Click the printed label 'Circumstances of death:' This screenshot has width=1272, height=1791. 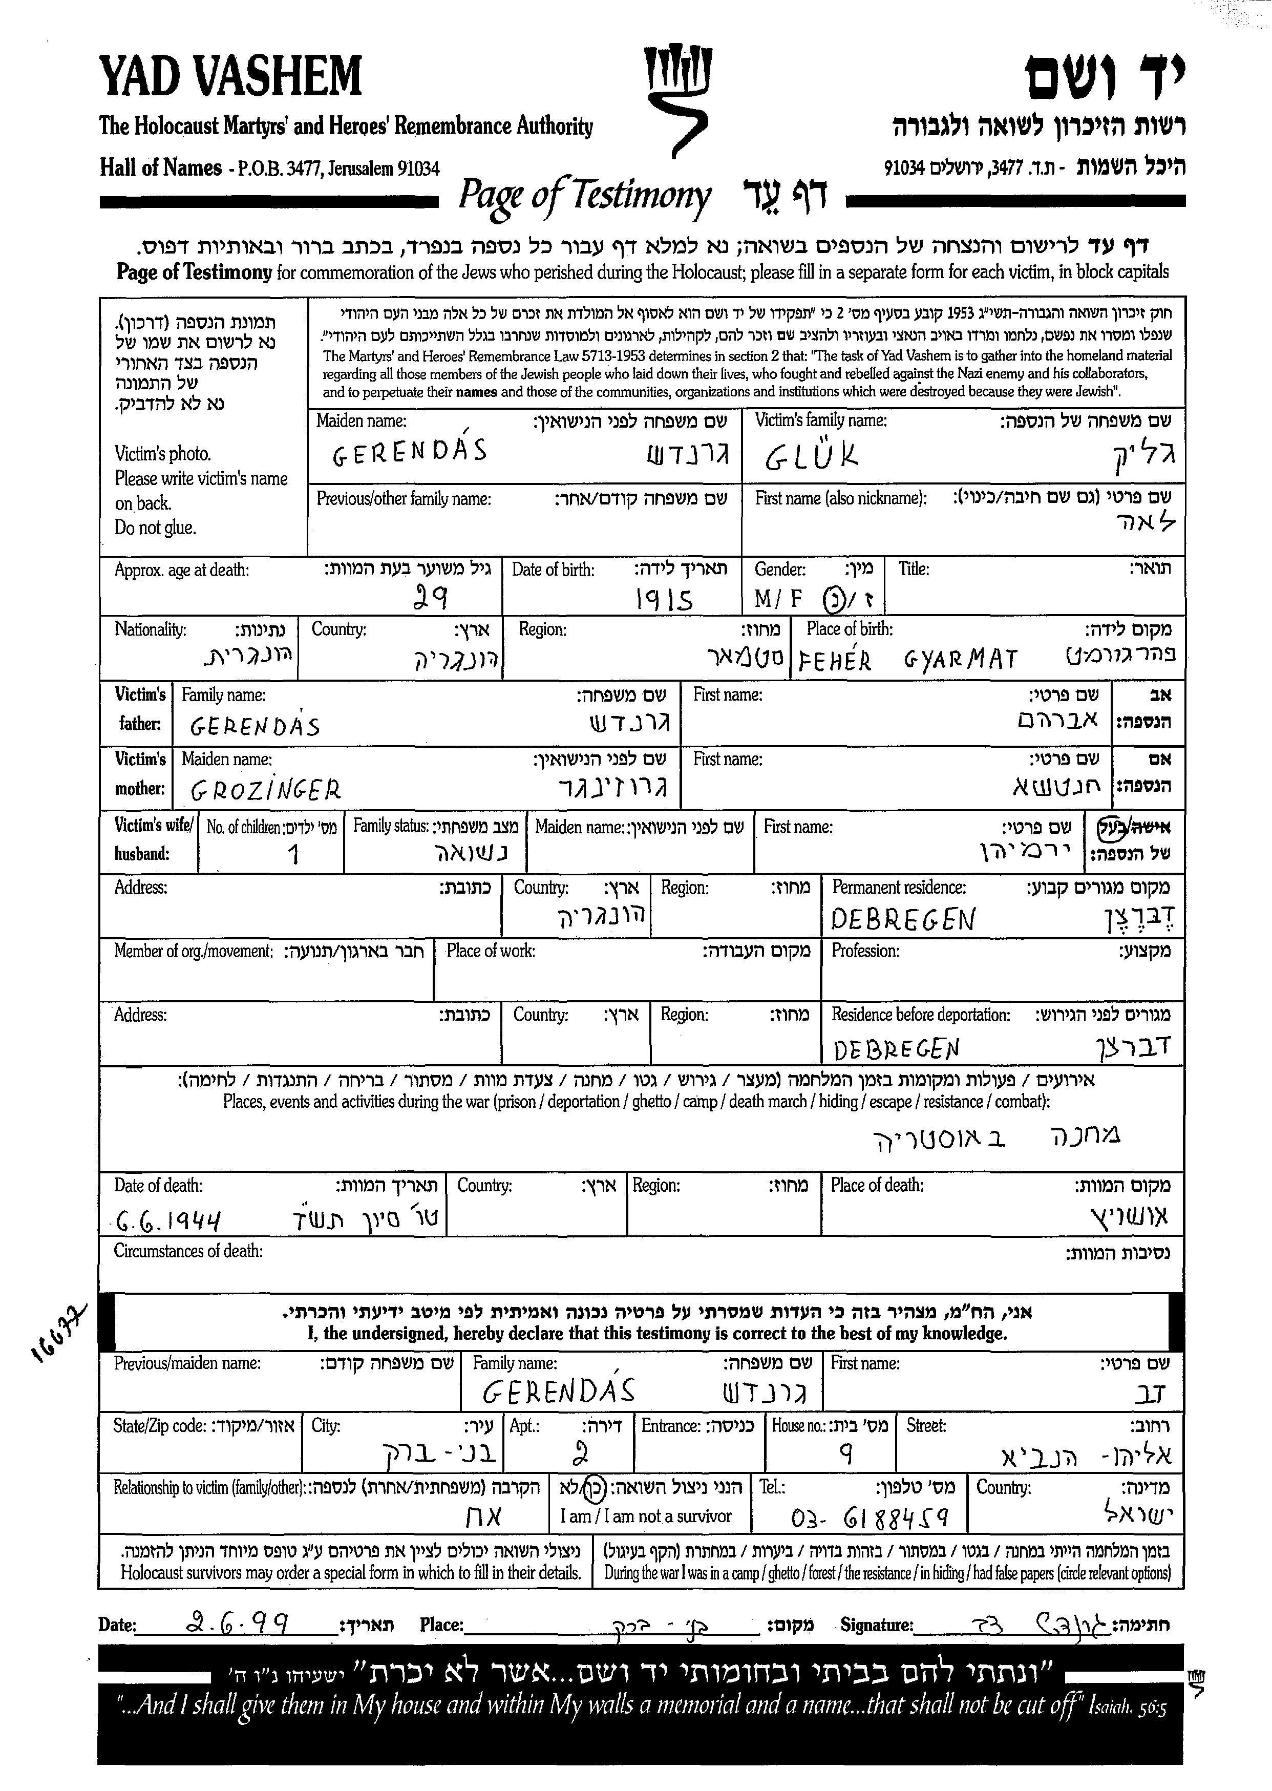[188, 1250]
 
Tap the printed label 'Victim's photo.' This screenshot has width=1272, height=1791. [163, 454]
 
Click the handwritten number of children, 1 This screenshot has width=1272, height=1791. [294, 853]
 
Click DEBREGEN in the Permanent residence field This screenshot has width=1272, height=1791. [903, 919]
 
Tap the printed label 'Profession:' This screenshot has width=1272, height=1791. [865, 951]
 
